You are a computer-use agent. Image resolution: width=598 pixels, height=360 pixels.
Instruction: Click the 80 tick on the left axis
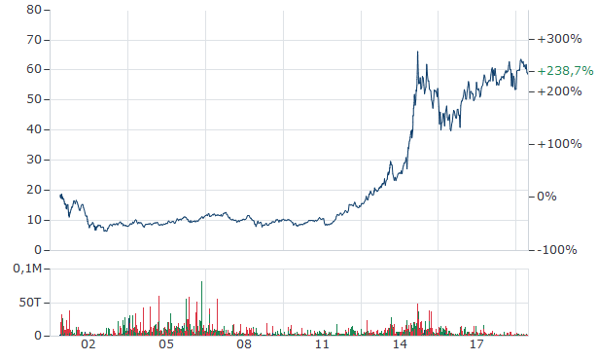(x=40, y=10)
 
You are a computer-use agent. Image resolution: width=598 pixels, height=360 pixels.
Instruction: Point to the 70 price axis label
(x=40, y=40)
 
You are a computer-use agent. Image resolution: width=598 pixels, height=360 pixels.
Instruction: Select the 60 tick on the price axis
(x=40, y=70)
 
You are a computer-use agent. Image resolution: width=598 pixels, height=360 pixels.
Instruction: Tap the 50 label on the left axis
(x=40, y=100)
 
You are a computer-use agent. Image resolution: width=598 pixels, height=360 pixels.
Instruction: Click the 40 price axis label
(x=40, y=130)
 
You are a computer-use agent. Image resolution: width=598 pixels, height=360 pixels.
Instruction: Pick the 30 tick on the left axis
(x=40, y=161)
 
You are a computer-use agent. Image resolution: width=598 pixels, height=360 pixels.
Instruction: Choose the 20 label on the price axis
(x=40, y=191)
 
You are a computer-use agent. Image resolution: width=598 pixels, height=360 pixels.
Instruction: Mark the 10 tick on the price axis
(x=40, y=221)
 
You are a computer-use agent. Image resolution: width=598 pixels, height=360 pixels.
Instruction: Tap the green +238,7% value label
(x=561, y=71)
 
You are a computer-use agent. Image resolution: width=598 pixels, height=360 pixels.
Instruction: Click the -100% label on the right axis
(x=556, y=250)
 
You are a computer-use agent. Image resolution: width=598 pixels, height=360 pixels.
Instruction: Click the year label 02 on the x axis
(x=88, y=345)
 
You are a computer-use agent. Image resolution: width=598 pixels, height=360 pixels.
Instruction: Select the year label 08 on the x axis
(x=244, y=345)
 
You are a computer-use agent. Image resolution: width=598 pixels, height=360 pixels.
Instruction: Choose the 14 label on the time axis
(x=400, y=345)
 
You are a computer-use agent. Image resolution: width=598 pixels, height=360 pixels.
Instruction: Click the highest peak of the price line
(x=417, y=53)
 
